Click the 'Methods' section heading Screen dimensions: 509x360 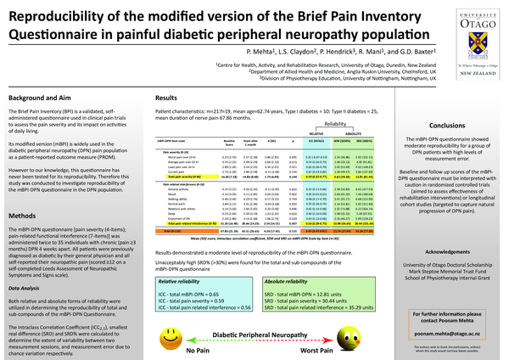(25, 217)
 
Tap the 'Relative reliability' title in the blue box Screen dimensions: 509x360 (181, 256)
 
